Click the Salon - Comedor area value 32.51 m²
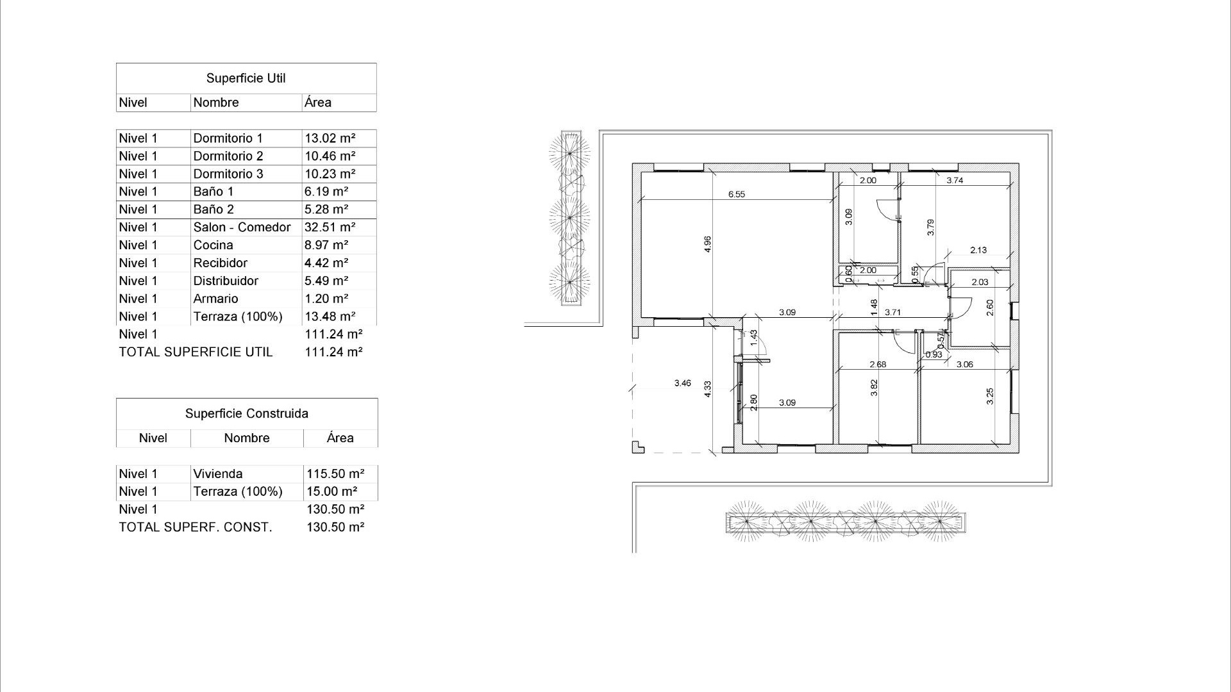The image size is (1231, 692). pos(330,227)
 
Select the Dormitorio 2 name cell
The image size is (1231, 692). pos(228,156)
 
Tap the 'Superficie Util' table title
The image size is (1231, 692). pos(246,78)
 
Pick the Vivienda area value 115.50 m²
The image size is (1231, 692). pos(335,474)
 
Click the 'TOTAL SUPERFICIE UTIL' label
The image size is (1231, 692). pos(196,352)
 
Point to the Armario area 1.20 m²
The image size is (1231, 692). pos(326,299)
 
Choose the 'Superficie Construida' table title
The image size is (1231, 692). pos(246,414)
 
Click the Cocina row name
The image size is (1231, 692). pos(213,245)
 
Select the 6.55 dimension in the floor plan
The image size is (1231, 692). pos(736,194)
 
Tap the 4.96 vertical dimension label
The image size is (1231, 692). pos(707,244)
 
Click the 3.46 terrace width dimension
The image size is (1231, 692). pos(682,383)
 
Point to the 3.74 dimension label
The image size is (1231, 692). pos(955,181)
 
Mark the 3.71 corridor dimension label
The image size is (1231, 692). pos(892,313)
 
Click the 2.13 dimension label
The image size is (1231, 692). pos(978,251)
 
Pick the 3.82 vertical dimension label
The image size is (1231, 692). pos(874,388)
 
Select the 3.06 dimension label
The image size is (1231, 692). pos(964,365)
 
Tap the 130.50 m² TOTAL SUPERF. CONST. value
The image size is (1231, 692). pos(335,527)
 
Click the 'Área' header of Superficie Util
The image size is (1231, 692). pos(318,103)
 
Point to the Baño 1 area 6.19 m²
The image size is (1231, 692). pos(326,192)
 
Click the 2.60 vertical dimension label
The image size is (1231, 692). pos(990,308)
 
